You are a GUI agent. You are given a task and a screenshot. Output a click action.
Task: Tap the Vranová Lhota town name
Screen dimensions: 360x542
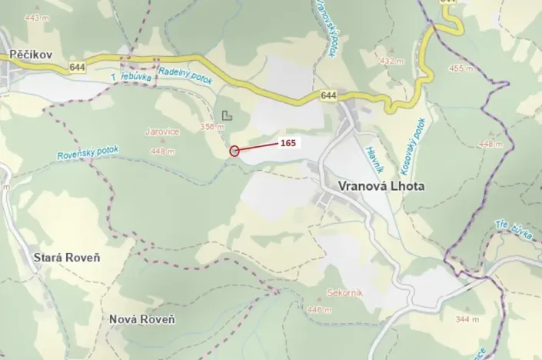coord(381,186)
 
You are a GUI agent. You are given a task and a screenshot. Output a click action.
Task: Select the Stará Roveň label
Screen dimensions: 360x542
coord(68,257)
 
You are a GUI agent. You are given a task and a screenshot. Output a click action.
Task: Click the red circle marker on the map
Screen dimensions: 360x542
coord(234,151)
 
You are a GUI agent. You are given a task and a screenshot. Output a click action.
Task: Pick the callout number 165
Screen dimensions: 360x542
coord(288,142)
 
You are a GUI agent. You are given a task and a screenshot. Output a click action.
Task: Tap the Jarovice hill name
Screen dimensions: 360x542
coord(163,132)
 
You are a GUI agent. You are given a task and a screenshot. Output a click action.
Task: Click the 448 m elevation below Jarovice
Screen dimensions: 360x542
coord(163,152)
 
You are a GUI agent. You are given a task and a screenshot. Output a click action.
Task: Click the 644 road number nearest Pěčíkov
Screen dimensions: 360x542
coord(76,67)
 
